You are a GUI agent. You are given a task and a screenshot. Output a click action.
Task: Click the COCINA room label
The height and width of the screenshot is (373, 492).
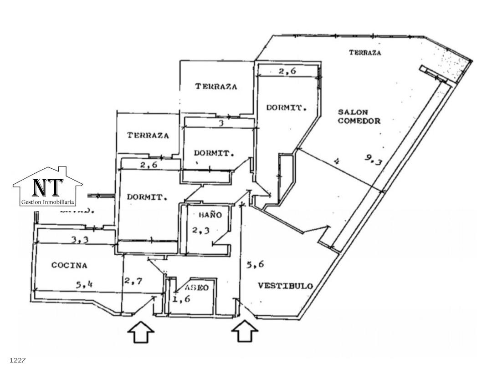(x=69, y=265)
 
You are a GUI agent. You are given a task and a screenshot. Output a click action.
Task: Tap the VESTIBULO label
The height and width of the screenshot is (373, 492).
(x=285, y=286)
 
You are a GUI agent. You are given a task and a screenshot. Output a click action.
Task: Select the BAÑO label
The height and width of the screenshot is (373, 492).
(x=210, y=215)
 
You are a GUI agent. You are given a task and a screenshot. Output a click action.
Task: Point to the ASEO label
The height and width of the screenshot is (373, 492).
(x=197, y=287)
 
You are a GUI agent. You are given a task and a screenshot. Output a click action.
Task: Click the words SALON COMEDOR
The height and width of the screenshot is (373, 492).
(x=359, y=116)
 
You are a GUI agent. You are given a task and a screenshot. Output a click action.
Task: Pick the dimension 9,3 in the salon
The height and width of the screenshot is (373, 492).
(x=373, y=159)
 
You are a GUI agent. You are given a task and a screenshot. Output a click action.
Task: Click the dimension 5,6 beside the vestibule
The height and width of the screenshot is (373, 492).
(x=255, y=264)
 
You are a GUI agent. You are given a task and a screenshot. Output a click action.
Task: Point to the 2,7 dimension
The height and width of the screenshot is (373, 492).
(x=134, y=281)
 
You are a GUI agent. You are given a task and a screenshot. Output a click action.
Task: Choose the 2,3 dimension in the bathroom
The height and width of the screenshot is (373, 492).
(x=200, y=230)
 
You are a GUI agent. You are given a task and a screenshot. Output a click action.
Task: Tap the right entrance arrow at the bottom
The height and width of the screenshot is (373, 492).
(x=245, y=331)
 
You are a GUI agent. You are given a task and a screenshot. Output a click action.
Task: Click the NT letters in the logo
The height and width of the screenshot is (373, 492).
(x=47, y=187)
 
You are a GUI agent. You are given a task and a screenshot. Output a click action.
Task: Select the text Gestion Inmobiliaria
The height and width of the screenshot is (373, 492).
(x=48, y=202)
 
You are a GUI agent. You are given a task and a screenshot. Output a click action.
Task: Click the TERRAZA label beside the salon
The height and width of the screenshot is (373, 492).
(x=365, y=53)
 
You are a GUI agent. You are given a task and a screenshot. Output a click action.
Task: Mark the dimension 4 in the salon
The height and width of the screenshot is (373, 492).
(x=337, y=161)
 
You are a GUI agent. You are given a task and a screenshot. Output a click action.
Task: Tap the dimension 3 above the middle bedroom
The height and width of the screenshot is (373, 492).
(x=221, y=122)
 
